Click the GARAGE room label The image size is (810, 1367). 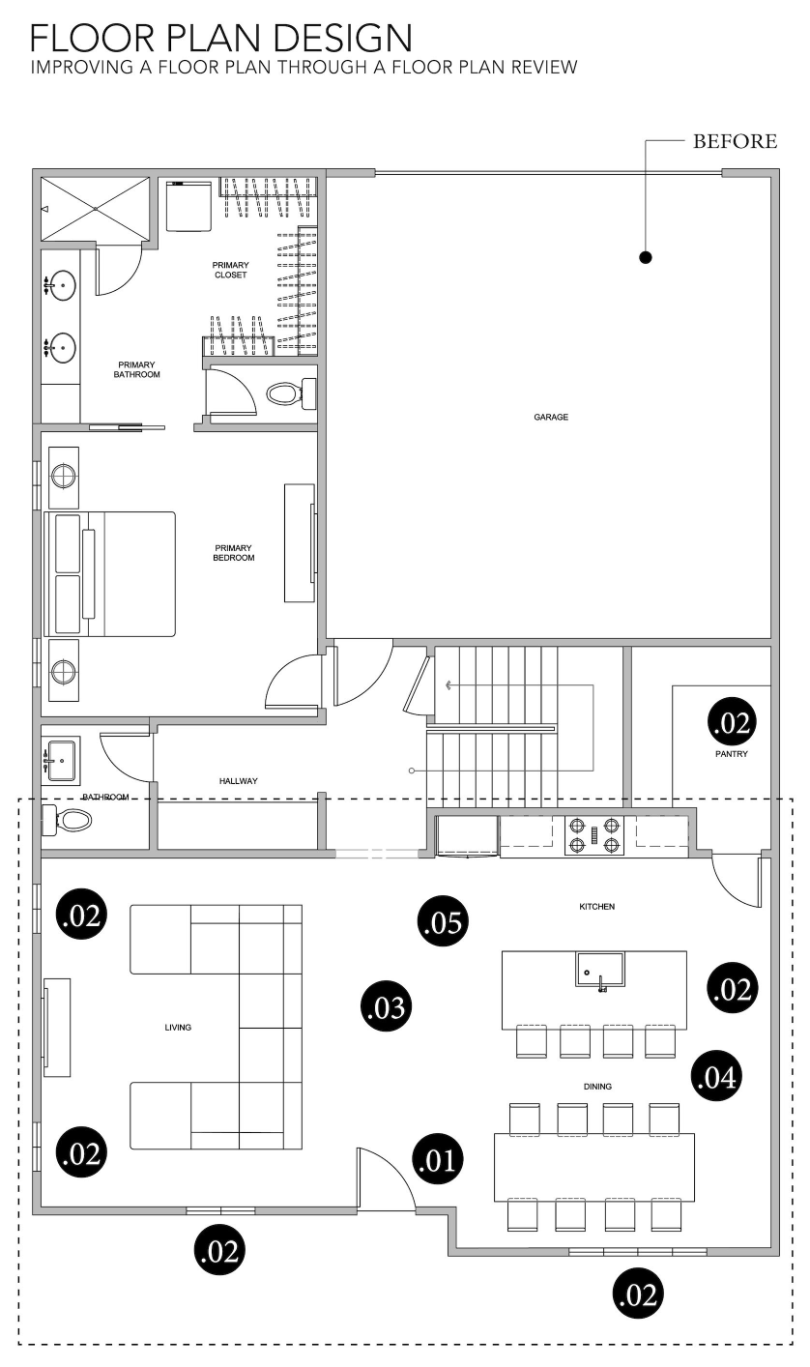(x=551, y=417)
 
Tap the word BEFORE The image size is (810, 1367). (x=735, y=141)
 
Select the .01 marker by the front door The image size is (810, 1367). (x=438, y=1160)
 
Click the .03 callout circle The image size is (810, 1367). (x=386, y=1006)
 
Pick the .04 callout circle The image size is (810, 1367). (x=716, y=1077)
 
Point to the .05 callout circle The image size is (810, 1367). (x=444, y=921)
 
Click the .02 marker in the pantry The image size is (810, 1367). (x=733, y=722)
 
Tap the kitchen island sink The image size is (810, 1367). (x=599, y=969)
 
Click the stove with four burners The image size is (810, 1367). (x=594, y=835)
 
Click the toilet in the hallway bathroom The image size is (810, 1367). (x=67, y=820)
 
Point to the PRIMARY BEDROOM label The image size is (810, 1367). (x=234, y=553)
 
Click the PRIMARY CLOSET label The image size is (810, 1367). (x=231, y=270)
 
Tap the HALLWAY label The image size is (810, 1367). (x=239, y=780)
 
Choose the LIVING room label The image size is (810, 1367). (x=178, y=1027)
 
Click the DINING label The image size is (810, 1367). (x=597, y=1087)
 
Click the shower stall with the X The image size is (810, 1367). (x=95, y=209)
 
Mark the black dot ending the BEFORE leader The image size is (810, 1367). (x=646, y=257)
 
